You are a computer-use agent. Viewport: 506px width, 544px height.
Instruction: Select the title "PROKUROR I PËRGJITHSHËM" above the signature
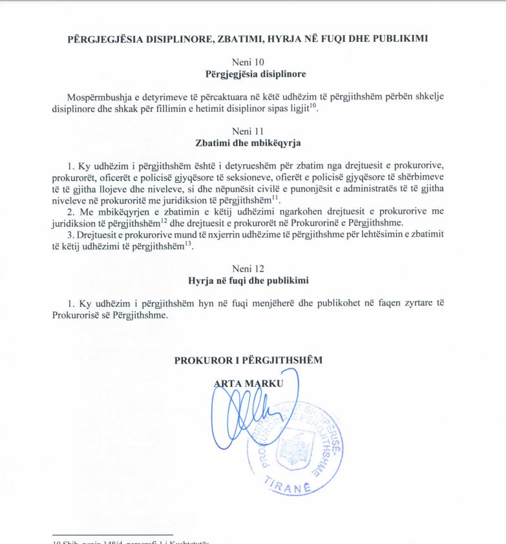[x=248, y=360]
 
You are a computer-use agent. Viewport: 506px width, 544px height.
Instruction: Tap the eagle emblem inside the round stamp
[x=295, y=449]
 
